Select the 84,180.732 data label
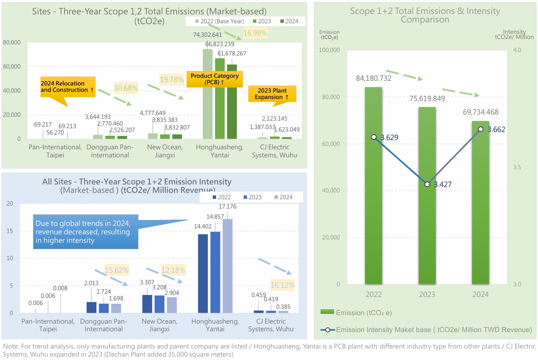pos(373,78)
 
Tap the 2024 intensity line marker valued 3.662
pos(480,129)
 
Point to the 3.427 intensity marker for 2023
pos(427,184)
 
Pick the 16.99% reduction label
pos(255,33)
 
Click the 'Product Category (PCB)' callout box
pos(214,79)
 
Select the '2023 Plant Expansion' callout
pos(272,94)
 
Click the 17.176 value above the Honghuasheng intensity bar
pos(228,207)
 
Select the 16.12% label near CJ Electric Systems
pos(282,285)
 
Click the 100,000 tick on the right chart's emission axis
pos(332,50)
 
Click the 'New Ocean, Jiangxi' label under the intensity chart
pos(159,325)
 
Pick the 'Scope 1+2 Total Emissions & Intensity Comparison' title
pos(425,15)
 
